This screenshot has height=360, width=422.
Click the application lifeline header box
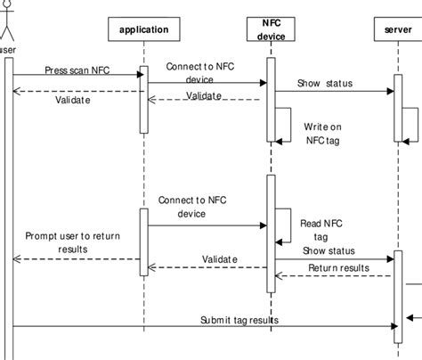[142, 30]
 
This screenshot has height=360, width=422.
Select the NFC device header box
[271, 30]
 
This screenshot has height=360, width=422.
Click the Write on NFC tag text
[321, 133]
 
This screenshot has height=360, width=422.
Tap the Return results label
[338, 267]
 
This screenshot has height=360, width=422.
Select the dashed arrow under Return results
[334, 275]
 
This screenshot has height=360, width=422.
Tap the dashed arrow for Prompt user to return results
[76, 259]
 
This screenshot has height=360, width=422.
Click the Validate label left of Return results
[220, 258]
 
